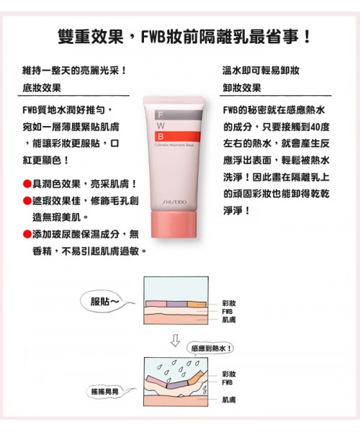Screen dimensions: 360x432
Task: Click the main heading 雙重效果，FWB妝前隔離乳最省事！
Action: point(184,37)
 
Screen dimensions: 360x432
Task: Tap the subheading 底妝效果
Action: point(42,88)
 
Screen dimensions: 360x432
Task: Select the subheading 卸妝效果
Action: point(242,88)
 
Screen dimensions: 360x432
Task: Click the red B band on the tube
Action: point(177,137)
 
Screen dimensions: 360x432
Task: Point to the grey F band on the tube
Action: point(179,115)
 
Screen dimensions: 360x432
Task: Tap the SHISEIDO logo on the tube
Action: point(174,202)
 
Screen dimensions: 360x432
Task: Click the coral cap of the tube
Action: point(174,225)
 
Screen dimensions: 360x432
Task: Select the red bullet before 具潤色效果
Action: point(27,184)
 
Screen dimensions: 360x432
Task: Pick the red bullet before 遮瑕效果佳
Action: point(27,201)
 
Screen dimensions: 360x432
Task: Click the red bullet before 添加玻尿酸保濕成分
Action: point(27,235)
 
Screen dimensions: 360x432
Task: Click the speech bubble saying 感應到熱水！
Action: point(210,348)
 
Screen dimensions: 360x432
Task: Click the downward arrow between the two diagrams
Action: point(175,341)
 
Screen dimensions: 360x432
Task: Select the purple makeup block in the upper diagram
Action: point(177,304)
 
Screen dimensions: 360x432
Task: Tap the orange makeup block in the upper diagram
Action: point(197,304)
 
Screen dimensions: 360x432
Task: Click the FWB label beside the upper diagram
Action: point(228,312)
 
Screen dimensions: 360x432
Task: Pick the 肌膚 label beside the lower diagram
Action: point(229,400)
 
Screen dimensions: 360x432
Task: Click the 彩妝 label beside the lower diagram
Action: point(229,374)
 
